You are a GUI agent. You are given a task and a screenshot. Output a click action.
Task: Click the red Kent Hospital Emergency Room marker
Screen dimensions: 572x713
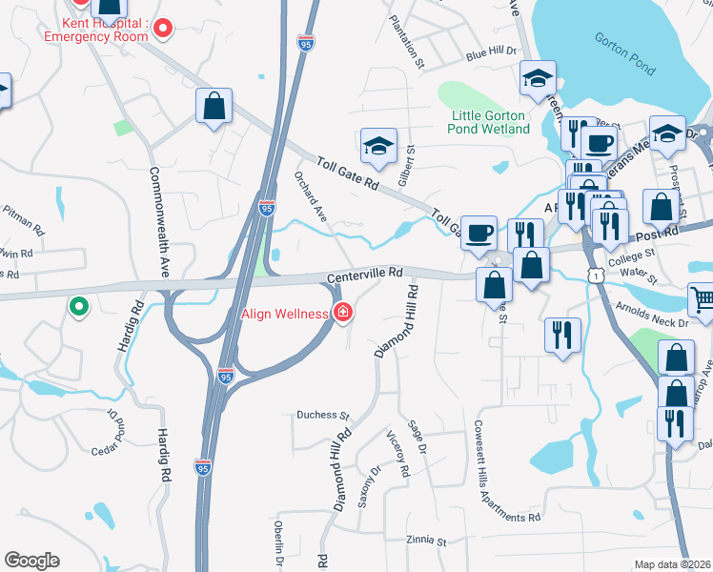click(162, 29)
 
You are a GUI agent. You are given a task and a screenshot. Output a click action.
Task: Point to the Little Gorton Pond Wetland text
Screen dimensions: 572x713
click(489, 122)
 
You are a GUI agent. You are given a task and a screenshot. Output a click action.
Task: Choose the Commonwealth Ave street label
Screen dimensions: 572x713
click(158, 222)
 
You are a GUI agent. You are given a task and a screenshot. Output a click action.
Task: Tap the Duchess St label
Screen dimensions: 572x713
click(323, 416)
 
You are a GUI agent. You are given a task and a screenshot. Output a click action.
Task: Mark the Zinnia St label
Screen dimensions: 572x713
click(425, 541)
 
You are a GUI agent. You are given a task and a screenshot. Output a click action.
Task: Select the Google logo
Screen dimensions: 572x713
click(31, 560)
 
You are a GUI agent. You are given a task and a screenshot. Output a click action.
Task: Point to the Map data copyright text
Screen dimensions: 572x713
click(672, 564)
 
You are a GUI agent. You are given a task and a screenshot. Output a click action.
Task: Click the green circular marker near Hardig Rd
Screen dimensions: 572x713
click(78, 308)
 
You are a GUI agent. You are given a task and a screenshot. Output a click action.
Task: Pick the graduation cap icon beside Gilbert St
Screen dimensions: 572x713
click(378, 146)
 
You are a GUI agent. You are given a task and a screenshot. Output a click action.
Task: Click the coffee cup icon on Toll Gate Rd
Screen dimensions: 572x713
click(479, 232)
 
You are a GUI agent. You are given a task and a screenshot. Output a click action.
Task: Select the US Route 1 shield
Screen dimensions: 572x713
click(594, 275)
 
